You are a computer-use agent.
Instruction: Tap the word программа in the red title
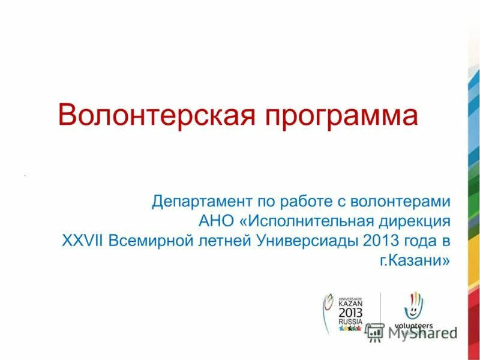point(338,116)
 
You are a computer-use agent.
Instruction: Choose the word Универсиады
point(308,241)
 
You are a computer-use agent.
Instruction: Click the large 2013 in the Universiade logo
point(350,313)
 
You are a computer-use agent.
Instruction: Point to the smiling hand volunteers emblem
point(413,306)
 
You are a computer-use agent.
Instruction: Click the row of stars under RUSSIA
point(350,329)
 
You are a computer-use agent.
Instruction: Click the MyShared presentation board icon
point(375,332)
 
